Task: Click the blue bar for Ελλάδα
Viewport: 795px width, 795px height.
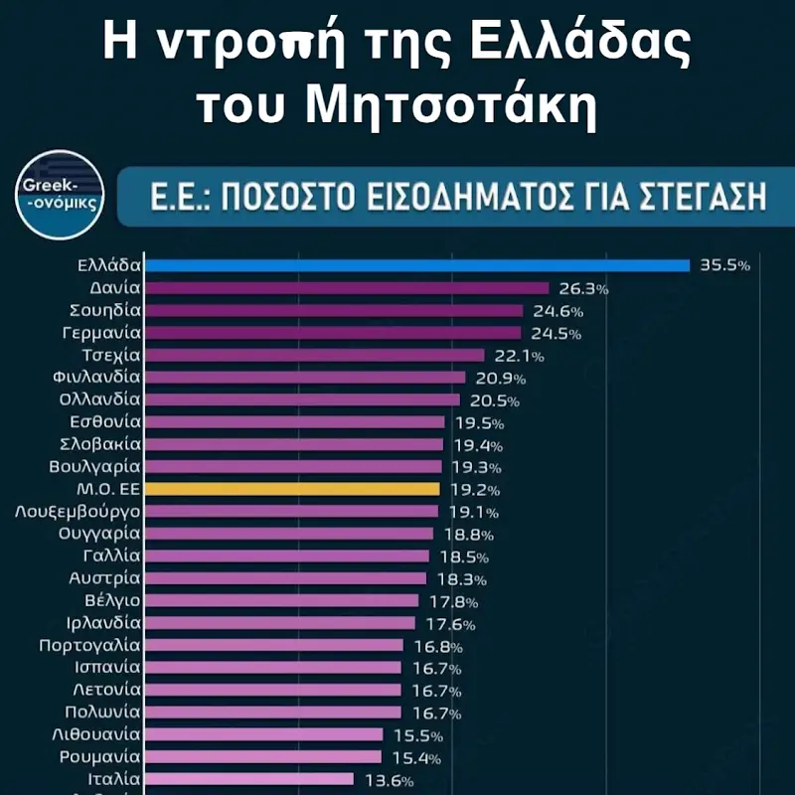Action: [x=417, y=265]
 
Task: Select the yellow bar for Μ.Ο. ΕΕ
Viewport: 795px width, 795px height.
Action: [x=292, y=489]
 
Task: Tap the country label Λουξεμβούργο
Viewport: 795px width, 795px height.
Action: [x=78, y=512]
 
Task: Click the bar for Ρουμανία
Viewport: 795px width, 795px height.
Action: [x=263, y=756]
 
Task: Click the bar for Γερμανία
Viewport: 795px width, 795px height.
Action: [x=333, y=333]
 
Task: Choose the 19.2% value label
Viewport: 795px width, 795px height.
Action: [x=473, y=490]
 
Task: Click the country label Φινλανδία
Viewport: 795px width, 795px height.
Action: [x=95, y=378]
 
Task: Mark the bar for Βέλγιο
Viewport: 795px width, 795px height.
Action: [x=282, y=600]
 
